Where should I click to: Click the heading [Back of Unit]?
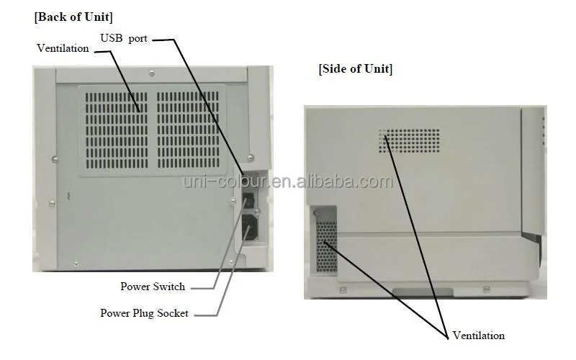[73, 16]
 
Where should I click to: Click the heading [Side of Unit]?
[355, 69]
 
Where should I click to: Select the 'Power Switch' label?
[153, 287]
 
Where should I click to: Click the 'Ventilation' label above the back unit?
[63, 48]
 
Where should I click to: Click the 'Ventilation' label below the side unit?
[479, 336]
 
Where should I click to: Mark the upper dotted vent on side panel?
[410, 142]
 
